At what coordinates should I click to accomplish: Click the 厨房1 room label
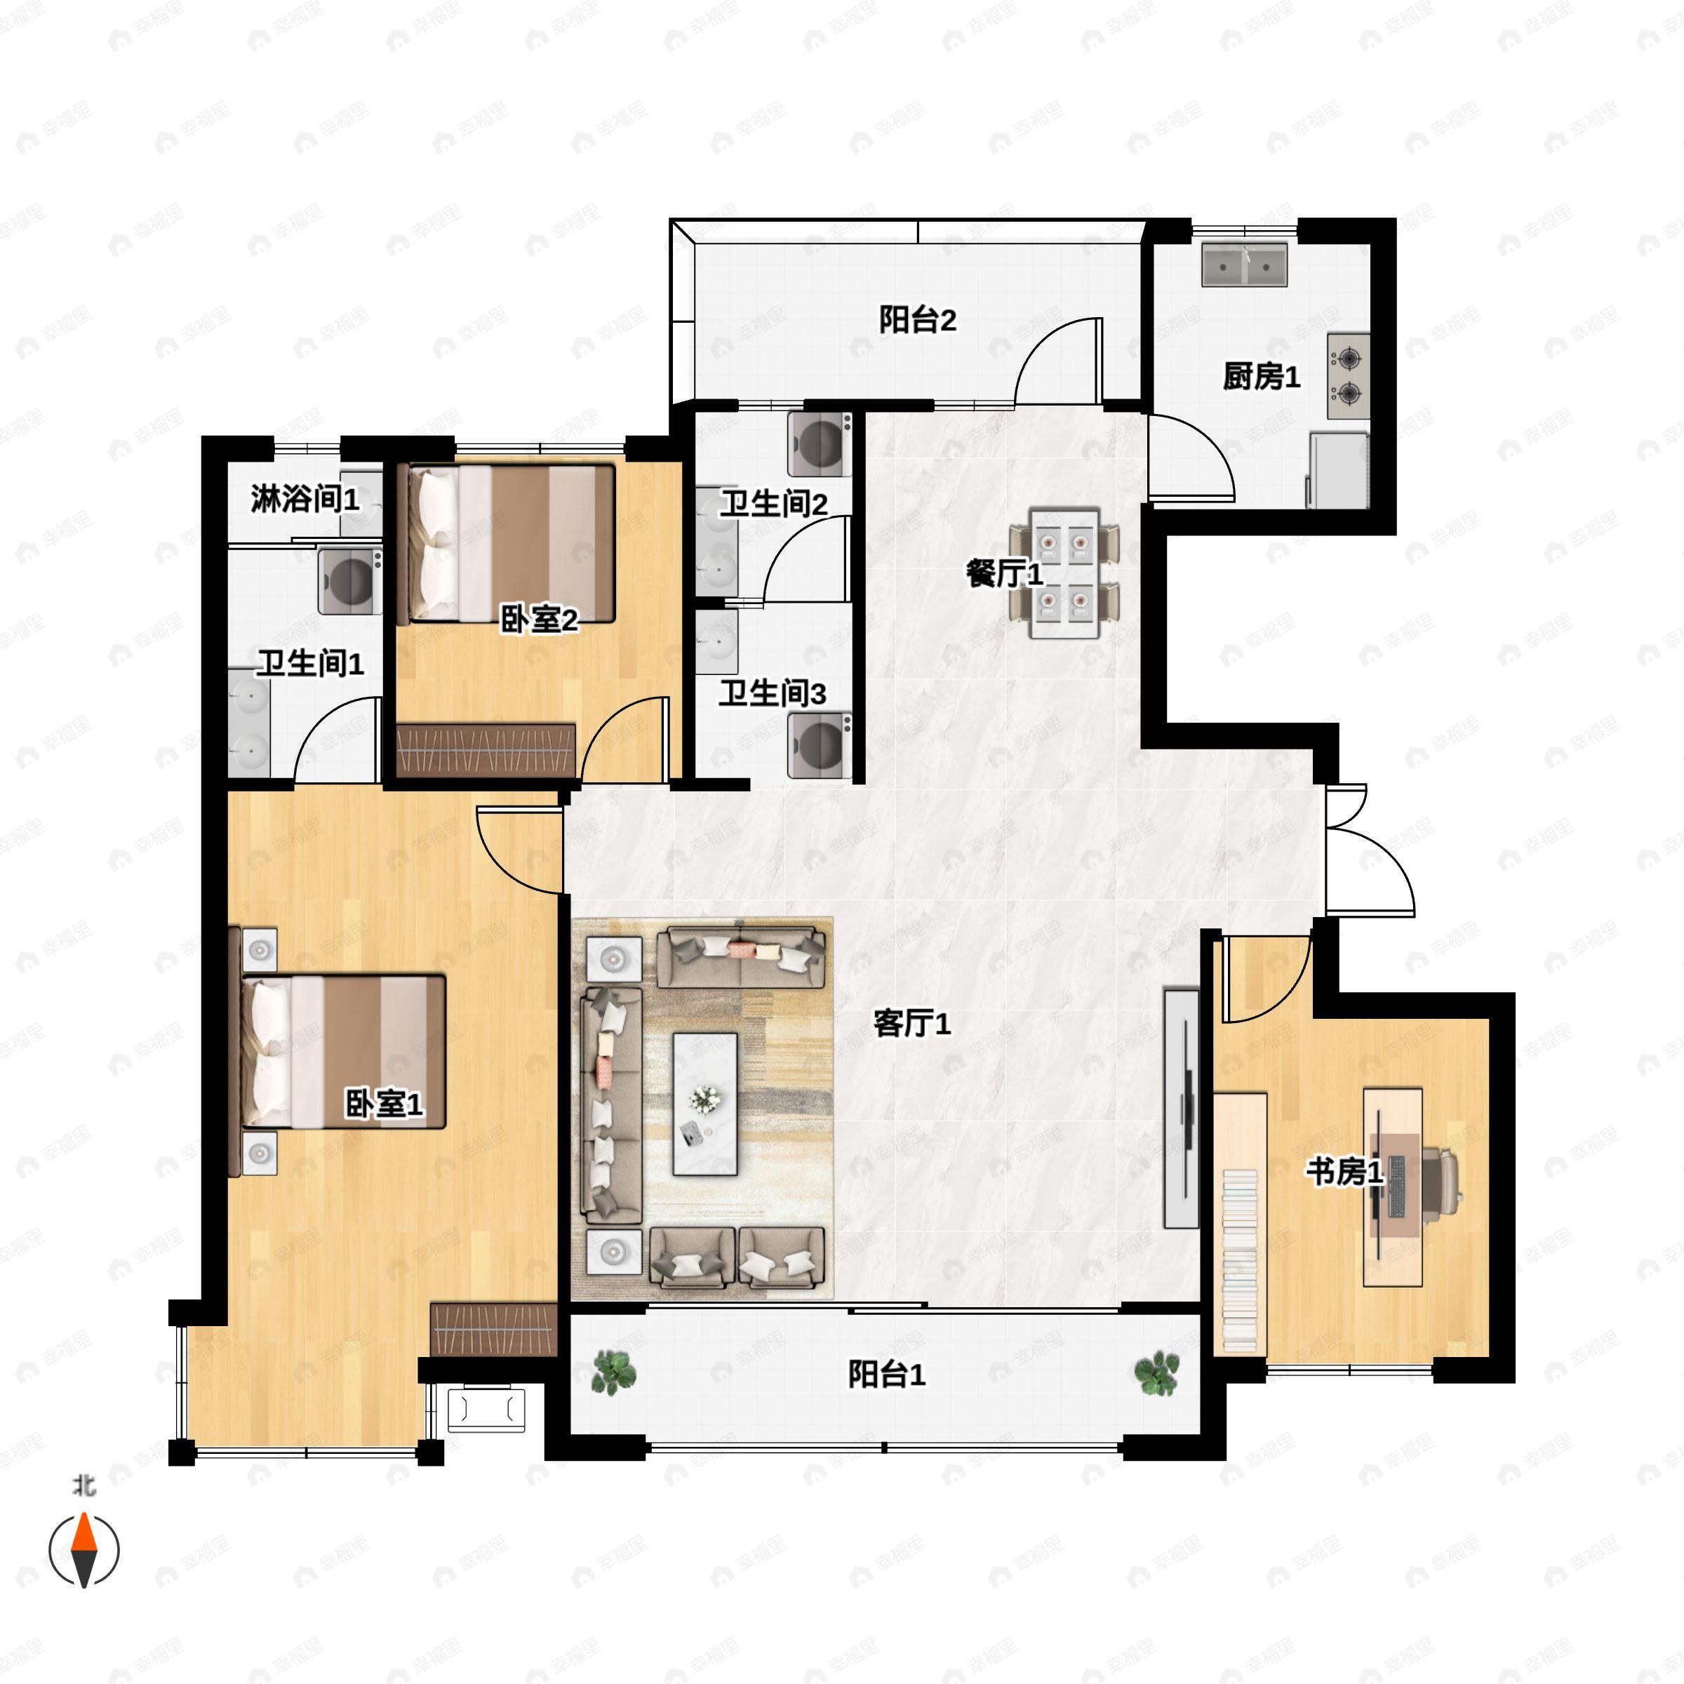1260,377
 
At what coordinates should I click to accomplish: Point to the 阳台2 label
917,320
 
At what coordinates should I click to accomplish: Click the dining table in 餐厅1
1064,573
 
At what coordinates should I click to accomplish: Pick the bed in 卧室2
510,543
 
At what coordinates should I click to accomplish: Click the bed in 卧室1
345,1050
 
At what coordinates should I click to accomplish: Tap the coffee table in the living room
705,1104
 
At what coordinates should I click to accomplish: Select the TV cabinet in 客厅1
1181,1108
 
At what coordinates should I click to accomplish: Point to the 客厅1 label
911,1023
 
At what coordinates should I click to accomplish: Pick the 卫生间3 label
773,694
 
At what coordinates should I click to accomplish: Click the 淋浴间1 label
305,500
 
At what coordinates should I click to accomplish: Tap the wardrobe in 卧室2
486,749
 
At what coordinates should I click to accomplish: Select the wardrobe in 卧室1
493,1329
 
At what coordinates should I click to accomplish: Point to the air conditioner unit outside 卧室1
486,1410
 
